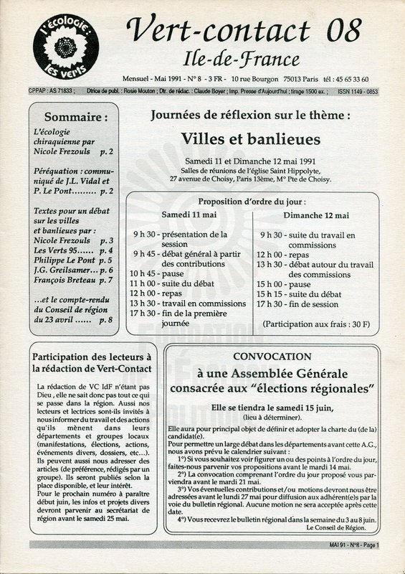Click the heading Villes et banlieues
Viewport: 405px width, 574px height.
250,138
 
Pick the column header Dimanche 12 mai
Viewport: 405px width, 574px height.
315,215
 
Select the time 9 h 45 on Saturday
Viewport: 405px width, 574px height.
144,254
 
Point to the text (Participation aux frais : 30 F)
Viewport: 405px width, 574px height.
315,324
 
